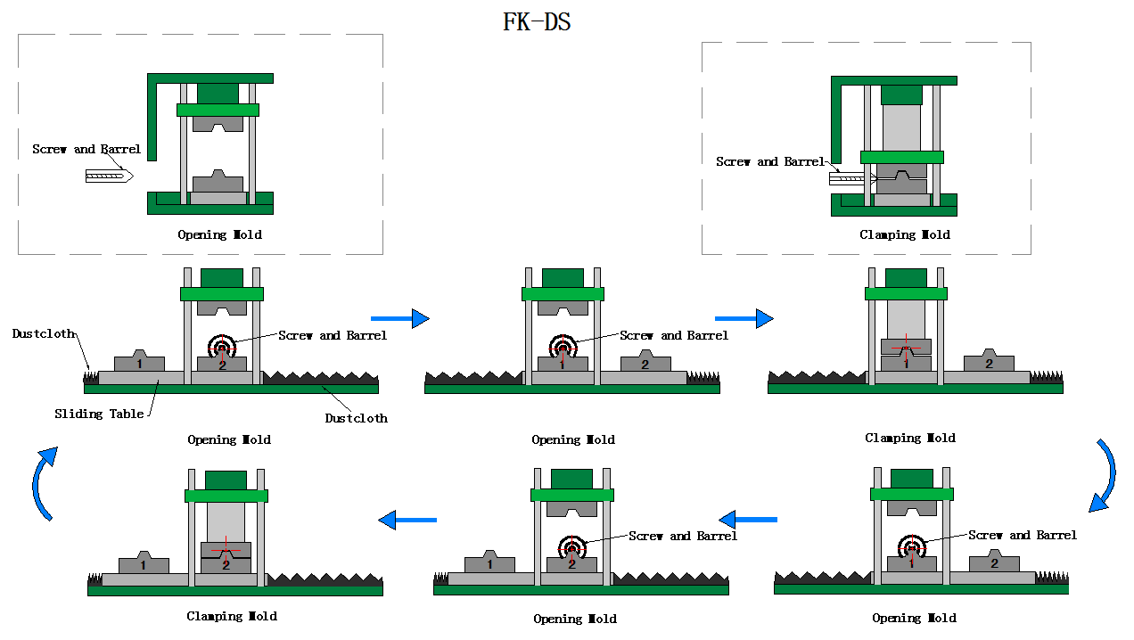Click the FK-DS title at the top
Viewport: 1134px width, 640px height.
[537, 22]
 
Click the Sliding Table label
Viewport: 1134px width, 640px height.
[99, 414]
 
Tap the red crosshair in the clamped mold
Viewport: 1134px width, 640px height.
[906, 346]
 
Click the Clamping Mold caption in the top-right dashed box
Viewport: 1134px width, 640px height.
[905, 234]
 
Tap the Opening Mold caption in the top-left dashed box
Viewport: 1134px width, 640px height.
[219, 234]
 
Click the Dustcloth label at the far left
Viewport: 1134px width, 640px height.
[43, 333]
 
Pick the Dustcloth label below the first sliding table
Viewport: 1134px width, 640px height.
[356, 417]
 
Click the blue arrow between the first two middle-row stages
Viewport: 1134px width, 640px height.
[399, 317]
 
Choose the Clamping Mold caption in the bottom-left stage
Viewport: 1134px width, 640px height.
[232, 616]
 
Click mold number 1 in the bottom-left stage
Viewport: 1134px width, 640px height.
[144, 565]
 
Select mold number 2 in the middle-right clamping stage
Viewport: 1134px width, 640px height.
[989, 364]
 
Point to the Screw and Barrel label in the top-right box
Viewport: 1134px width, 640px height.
[770, 161]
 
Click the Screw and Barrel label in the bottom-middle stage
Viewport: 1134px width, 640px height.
[683, 536]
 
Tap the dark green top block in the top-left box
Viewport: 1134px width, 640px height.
[218, 93]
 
